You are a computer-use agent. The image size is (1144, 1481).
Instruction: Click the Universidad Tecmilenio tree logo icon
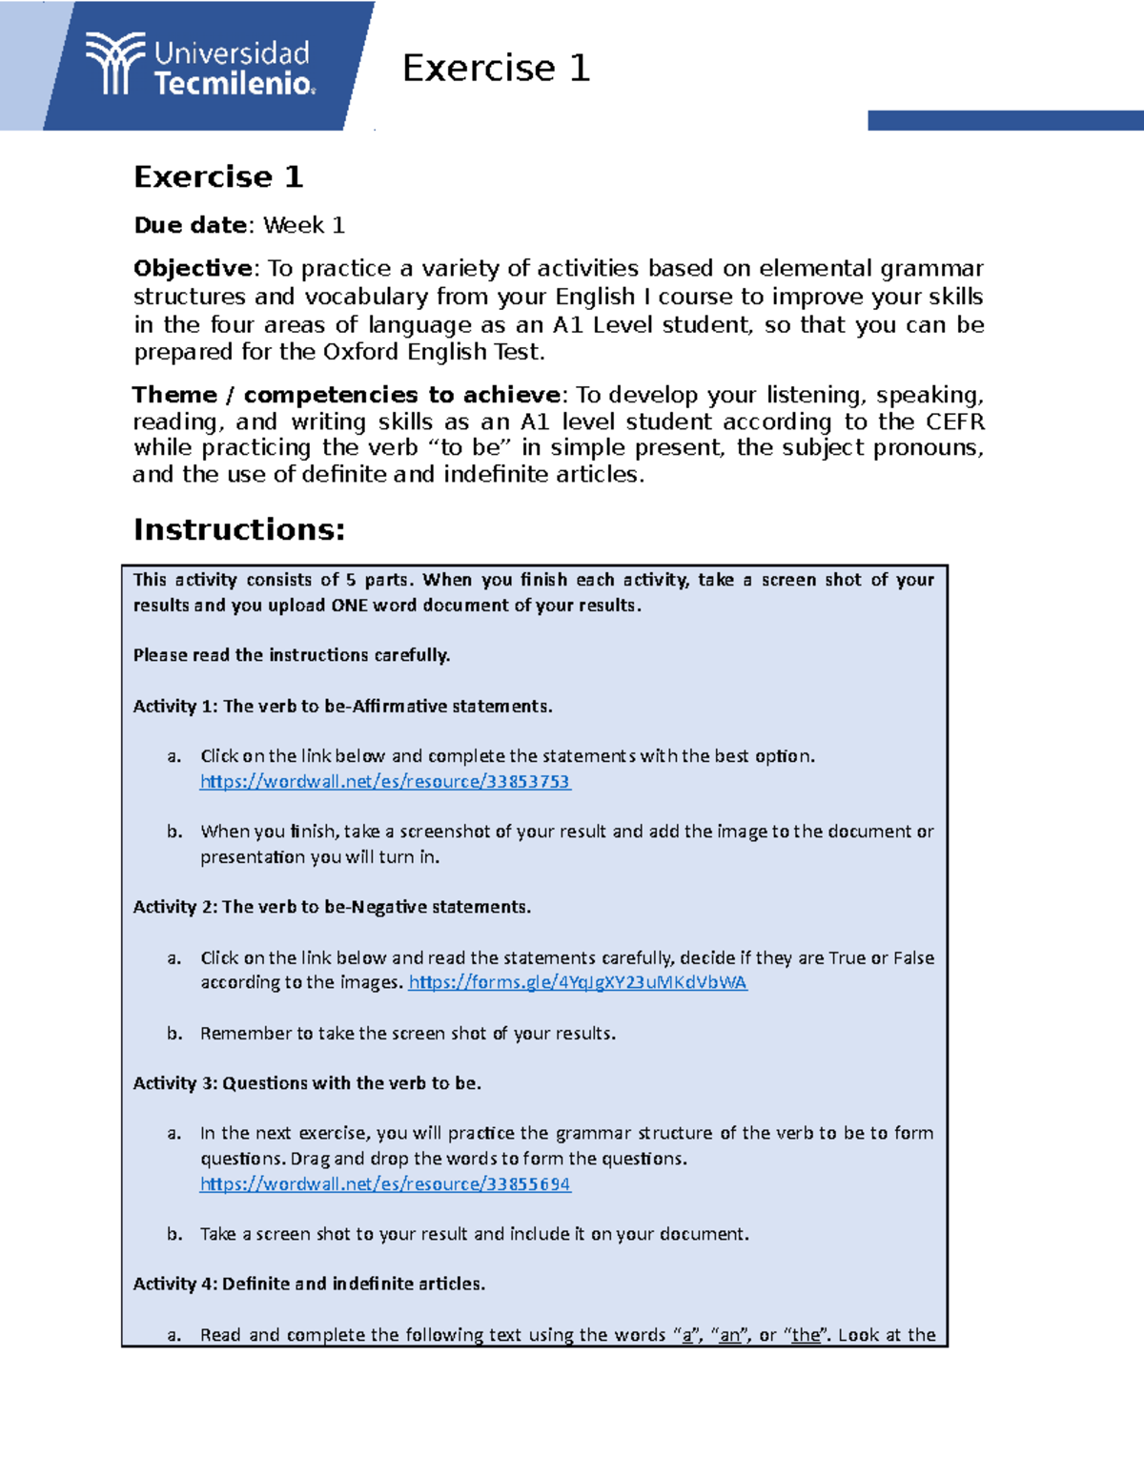pyautogui.click(x=114, y=63)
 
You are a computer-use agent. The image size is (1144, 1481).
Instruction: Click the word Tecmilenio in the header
pyautogui.click(x=234, y=84)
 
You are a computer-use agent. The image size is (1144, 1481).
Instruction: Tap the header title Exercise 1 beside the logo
pyautogui.click(x=496, y=68)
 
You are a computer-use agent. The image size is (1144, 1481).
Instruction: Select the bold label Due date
pyautogui.click(x=191, y=225)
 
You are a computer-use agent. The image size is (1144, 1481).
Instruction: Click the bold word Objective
pyautogui.click(x=193, y=268)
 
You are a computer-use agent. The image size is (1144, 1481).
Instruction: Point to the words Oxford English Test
pyautogui.click(x=433, y=352)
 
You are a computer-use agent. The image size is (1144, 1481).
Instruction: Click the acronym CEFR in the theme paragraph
pyautogui.click(x=955, y=422)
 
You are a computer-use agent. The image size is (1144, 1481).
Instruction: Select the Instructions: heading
pyautogui.click(x=238, y=529)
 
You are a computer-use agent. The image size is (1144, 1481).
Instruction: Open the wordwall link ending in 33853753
pyautogui.click(x=384, y=782)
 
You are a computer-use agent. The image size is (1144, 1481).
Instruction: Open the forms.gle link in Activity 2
pyautogui.click(x=577, y=982)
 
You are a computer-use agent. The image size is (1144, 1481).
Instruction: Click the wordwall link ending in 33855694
pyautogui.click(x=384, y=1184)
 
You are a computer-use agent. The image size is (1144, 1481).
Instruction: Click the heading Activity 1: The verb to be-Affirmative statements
pyautogui.click(x=342, y=707)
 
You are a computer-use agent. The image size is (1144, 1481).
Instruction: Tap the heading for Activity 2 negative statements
pyautogui.click(x=332, y=907)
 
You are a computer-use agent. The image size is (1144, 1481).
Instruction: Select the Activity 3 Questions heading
pyautogui.click(x=307, y=1083)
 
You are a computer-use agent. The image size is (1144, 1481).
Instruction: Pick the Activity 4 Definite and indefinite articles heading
pyautogui.click(x=309, y=1284)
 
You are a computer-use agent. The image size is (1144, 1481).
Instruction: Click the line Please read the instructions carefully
pyautogui.click(x=292, y=655)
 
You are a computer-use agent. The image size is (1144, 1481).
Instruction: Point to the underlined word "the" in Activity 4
pyautogui.click(x=806, y=1335)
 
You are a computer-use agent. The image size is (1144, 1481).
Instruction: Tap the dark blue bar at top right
pyautogui.click(x=1005, y=120)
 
